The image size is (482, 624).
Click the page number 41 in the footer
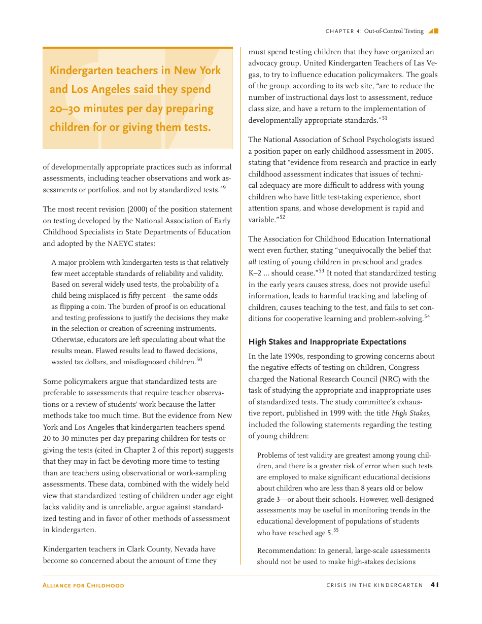(434, 585)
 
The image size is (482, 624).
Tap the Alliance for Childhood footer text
(83, 585)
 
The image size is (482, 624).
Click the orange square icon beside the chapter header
(435, 31)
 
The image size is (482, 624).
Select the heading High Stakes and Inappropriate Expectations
(327, 342)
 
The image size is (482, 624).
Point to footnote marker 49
(223, 188)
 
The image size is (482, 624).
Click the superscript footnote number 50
(199, 360)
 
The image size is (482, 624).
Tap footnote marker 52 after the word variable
(282, 217)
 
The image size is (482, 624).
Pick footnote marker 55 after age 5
(336, 531)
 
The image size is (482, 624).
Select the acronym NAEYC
(121, 244)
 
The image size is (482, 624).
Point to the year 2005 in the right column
(424, 151)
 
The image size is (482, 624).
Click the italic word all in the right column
(252, 262)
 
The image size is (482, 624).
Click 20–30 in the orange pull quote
(64, 109)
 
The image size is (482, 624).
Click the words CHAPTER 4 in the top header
(343, 31)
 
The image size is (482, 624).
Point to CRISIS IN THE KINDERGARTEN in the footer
(374, 585)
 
